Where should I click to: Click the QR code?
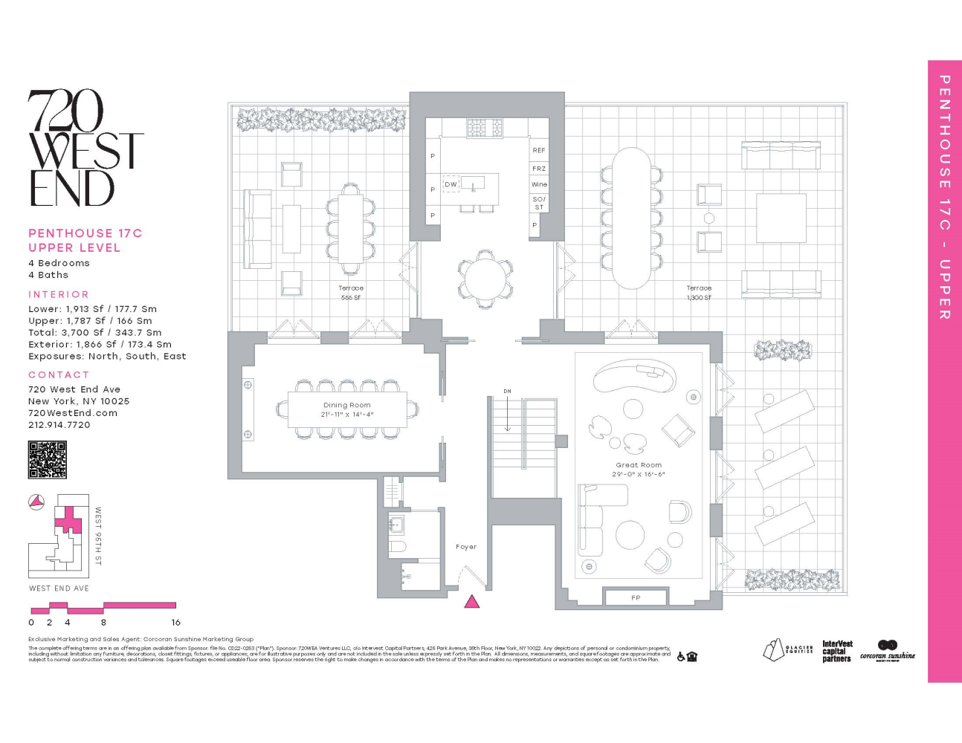tap(47, 460)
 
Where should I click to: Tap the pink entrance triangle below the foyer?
tap(471, 602)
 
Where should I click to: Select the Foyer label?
tap(466, 547)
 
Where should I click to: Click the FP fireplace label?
tap(636, 597)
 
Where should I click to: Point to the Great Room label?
tap(638, 465)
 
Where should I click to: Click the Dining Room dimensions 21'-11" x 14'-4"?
tap(347, 415)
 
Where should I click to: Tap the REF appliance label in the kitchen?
tap(539, 150)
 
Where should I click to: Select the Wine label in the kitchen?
tap(539, 184)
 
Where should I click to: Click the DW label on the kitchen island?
tap(451, 184)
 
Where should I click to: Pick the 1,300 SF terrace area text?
tap(699, 298)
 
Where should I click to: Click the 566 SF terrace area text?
tap(351, 298)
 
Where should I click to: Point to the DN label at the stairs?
tap(507, 391)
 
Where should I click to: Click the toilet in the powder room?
tap(397, 548)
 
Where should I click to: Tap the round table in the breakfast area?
tap(485, 279)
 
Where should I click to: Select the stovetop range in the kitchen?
tap(484, 128)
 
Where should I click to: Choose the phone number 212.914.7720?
tap(59, 425)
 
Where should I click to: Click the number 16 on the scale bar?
tap(175, 623)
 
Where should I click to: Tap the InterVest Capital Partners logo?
tap(837, 652)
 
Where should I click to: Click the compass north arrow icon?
tap(36, 502)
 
